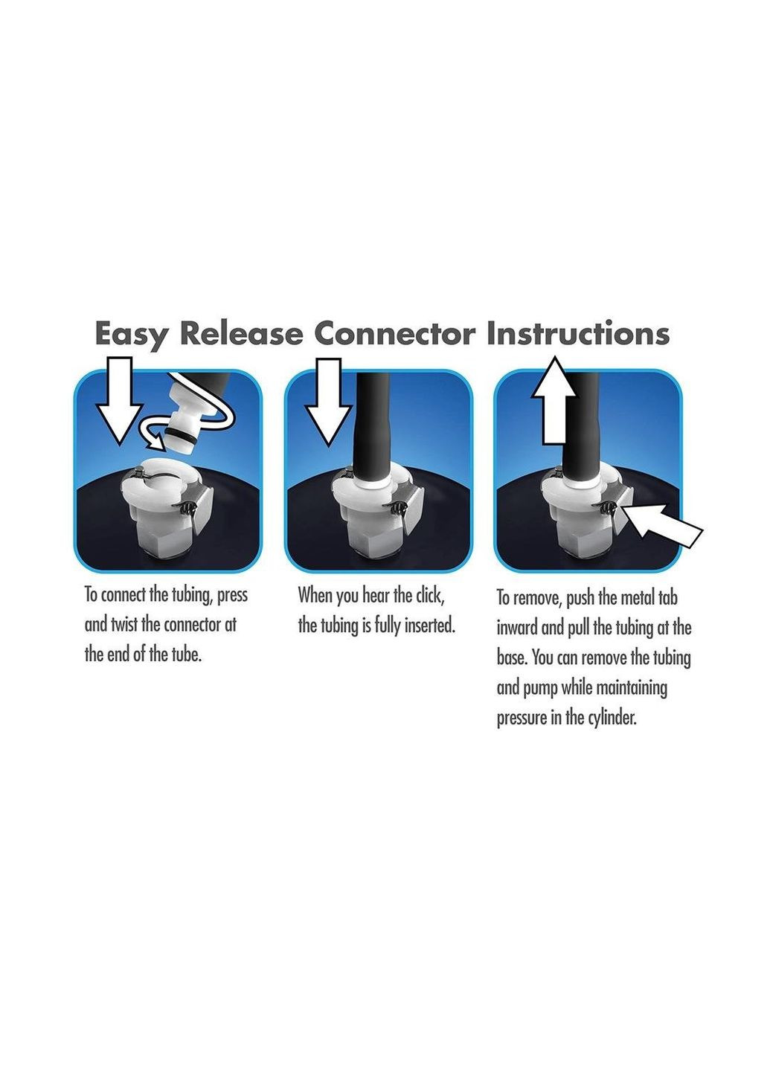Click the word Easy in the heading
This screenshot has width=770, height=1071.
[x=131, y=335]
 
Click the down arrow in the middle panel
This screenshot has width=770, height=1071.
[x=328, y=402]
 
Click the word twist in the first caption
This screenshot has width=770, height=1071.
[x=124, y=625]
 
